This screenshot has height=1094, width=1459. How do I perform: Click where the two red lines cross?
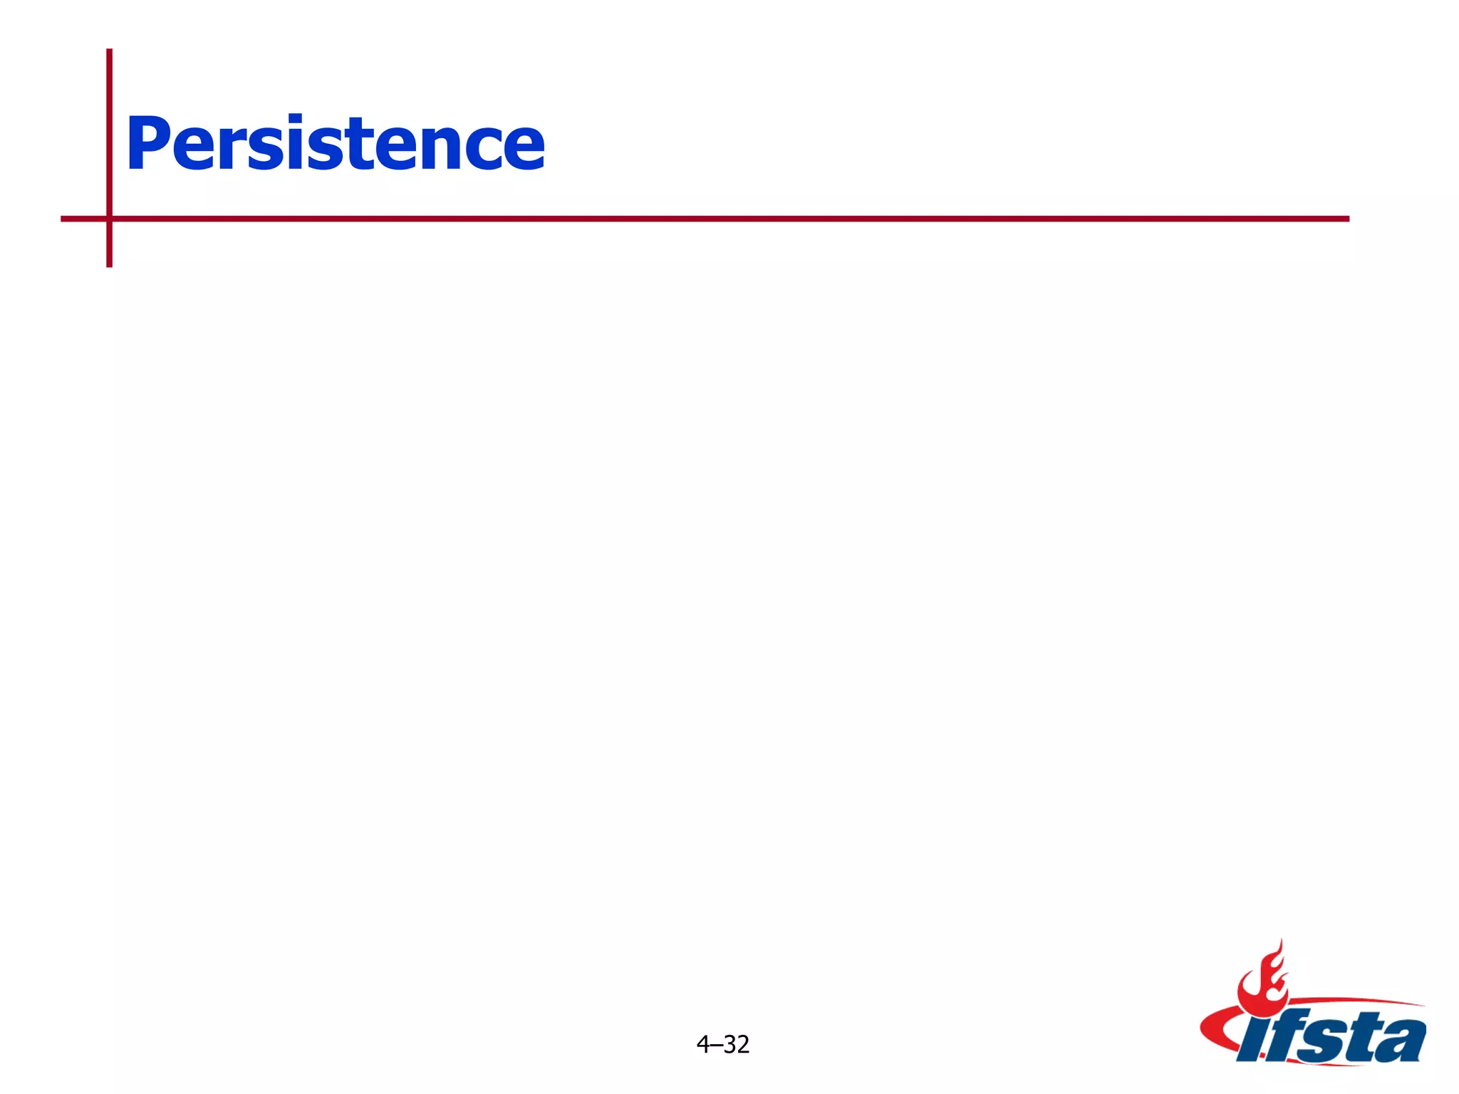pos(110,219)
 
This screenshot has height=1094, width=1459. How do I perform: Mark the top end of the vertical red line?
pos(110,51)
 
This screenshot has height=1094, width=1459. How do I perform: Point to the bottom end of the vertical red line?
pos(110,265)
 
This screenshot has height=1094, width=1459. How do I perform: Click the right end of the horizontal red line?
pos(1347,219)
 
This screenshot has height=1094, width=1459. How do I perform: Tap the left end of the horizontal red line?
pos(63,219)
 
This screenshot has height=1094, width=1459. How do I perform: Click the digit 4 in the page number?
pos(703,1045)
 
